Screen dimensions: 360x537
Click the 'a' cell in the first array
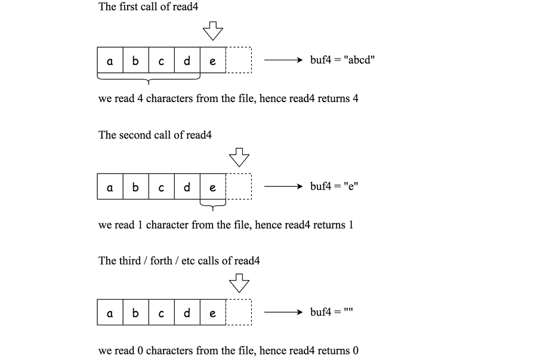pos(110,61)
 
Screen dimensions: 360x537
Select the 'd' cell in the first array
pos(187,61)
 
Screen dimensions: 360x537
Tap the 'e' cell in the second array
pos(213,187)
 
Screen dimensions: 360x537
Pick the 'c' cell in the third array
pos(161,313)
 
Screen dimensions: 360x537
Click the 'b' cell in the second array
pos(135,187)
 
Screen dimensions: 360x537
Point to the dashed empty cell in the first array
pos(239,61)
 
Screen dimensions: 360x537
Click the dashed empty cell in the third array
pos(239,313)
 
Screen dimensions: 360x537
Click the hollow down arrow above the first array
pos(212,30)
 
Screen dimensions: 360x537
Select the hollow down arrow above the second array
pos(239,156)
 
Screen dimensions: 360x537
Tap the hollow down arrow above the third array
pos(239,282)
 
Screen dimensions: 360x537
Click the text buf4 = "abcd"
pos(342,60)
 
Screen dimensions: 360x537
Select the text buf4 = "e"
pos(334,186)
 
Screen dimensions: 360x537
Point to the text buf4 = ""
pos(332,312)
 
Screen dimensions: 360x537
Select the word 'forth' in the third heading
pos(161,261)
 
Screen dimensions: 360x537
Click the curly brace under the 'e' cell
pos(213,207)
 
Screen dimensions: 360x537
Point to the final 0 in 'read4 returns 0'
pos(356,351)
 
